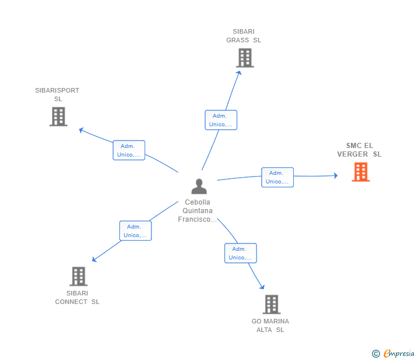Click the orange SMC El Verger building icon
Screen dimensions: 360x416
click(x=361, y=172)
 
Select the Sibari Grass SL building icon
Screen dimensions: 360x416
click(x=245, y=58)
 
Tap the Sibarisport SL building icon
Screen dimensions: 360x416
click(x=58, y=117)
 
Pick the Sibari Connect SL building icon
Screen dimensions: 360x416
click(x=78, y=277)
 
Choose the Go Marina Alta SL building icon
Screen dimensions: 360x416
click(x=271, y=305)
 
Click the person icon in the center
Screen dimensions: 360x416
click(x=199, y=186)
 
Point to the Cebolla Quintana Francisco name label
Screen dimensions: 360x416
click(x=198, y=211)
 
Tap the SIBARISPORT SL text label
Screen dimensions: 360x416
click(x=57, y=95)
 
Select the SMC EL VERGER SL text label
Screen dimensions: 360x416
click(x=359, y=150)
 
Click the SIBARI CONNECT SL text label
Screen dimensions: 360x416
click(x=77, y=298)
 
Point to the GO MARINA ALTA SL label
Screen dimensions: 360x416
click(x=270, y=326)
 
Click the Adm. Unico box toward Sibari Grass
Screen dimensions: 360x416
click(x=221, y=120)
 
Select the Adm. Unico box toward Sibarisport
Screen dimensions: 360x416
click(x=129, y=150)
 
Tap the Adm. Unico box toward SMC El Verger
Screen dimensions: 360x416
click(x=277, y=177)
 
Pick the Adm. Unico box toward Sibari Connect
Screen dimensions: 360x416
click(x=135, y=231)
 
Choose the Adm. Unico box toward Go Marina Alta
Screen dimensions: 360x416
click(x=241, y=253)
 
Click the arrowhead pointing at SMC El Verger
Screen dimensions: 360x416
click(x=335, y=175)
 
